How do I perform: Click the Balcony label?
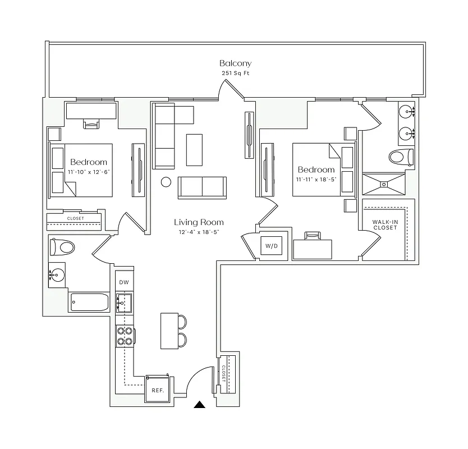[235, 63]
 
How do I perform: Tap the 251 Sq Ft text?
[235, 74]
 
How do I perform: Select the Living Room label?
[199, 222]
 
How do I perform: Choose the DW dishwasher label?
[123, 282]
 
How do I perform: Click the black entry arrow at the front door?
[200, 405]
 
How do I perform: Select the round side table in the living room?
[166, 182]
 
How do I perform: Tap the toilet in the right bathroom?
[401, 157]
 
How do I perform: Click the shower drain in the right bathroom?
[385, 183]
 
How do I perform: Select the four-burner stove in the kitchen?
[124, 336]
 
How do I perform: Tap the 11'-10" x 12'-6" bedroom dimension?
[89, 172]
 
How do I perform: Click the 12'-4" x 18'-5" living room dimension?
[199, 232]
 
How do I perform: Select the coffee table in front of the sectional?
[194, 149]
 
